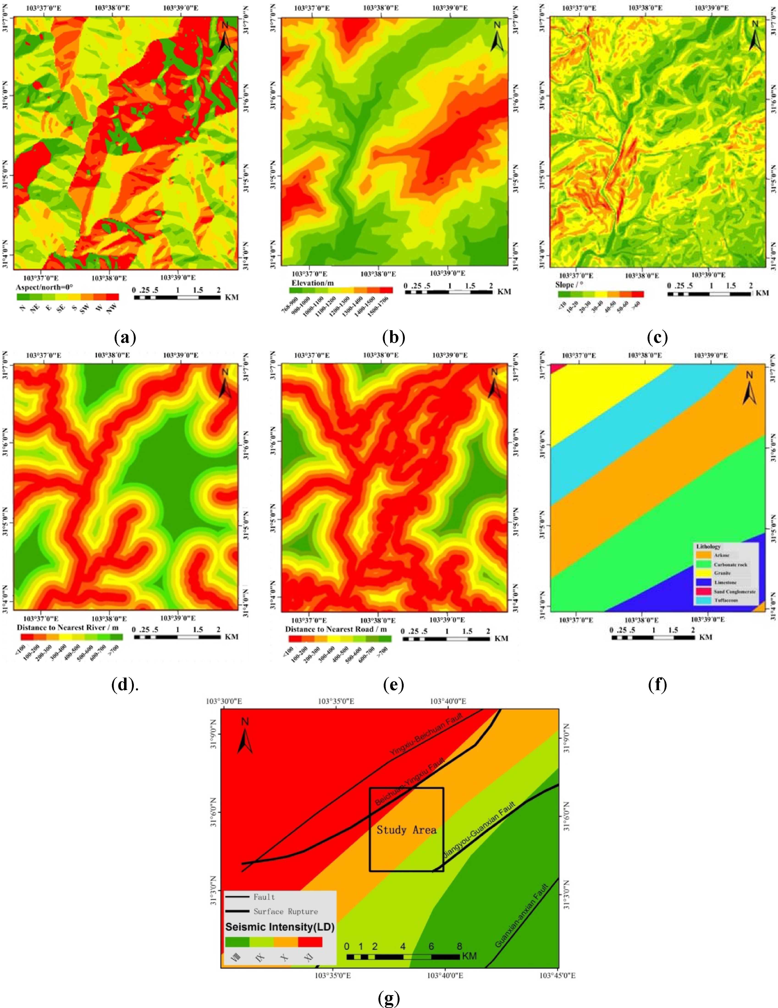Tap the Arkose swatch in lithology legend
pos(703,555)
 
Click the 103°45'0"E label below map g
pos(557,975)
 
